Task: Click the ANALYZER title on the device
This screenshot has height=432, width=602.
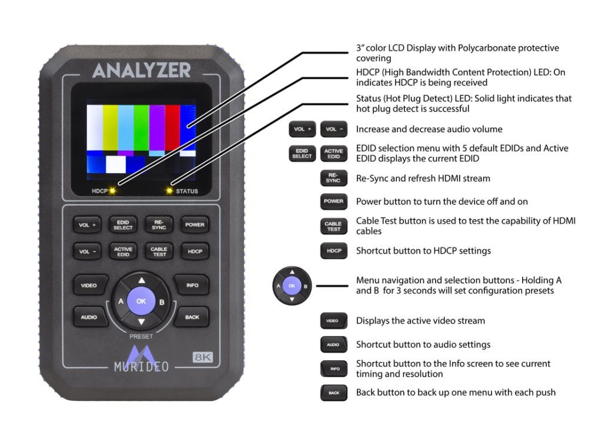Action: (x=141, y=70)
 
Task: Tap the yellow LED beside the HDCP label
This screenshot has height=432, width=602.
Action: (x=112, y=191)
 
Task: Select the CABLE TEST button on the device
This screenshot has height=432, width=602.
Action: (x=158, y=251)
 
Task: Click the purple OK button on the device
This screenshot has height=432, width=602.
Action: (x=141, y=300)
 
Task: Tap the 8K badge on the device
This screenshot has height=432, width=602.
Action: (x=202, y=357)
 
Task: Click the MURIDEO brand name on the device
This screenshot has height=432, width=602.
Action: (x=141, y=367)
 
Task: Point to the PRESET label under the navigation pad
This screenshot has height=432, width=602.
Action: (x=141, y=337)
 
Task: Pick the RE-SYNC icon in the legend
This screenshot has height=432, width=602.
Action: (x=333, y=178)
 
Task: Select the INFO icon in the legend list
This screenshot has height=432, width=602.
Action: (x=333, y=369)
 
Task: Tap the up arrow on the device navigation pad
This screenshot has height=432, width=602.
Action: (x=141, y=280)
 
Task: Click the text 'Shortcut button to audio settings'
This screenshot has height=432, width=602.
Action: (x=423, y=344)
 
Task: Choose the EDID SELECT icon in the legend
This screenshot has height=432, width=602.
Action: (x=302, y=154)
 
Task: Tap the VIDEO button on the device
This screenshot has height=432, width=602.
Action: (x=89, y=285)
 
